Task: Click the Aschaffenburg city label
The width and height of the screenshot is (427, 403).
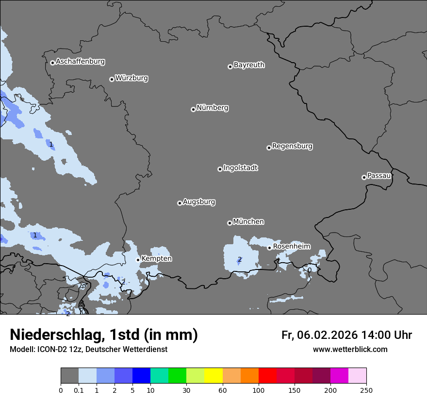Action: pos(80,62)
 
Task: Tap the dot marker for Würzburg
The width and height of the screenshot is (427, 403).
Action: pos(112,79)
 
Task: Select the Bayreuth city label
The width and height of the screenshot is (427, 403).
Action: pos(249,65)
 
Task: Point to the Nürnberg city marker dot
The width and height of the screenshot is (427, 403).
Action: pos(193,109)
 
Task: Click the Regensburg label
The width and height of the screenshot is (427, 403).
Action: pos(292,146)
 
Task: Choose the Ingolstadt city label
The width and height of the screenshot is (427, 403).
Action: pos(240,168)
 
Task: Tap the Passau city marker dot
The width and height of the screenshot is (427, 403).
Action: pos(364,177)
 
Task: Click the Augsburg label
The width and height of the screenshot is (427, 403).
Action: pos(199,201)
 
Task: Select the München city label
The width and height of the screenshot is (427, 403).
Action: pos(248,221)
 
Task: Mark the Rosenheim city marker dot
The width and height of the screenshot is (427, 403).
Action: pos(269,248)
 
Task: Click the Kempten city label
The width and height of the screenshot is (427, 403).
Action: pos(156,258)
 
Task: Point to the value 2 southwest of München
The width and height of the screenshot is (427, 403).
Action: pos(239,259)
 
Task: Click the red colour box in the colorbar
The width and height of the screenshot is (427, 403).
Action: pos(267,376)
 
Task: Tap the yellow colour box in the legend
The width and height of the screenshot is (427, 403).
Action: pos(213,376)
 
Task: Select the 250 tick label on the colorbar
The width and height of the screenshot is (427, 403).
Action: pos(366,390)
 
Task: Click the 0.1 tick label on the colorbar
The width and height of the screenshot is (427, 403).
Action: pos(79,390)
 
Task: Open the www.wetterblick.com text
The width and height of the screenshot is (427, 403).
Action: pos(350,349)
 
